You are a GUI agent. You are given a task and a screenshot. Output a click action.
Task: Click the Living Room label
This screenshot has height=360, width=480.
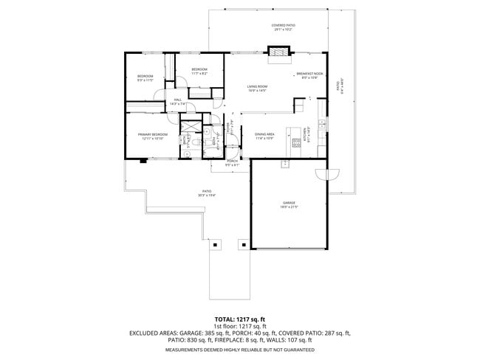(257, 86)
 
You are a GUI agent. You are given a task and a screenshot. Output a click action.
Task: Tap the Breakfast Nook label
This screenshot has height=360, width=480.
(309, 75)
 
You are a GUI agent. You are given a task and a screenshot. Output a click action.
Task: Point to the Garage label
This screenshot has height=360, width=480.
(288, 202)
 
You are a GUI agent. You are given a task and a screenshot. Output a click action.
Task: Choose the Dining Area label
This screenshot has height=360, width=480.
(264, 134)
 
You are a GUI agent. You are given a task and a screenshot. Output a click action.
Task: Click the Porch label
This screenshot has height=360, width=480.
(232, 161)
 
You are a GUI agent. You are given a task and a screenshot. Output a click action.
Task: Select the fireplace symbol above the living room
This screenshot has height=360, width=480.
(279, 52)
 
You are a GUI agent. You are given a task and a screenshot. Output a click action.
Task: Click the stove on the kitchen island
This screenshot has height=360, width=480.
(297, 143)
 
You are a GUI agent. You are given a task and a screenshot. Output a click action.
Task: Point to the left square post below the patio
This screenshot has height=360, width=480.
(215, 244)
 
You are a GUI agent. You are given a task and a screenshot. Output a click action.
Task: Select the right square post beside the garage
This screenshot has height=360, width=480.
(244, 244)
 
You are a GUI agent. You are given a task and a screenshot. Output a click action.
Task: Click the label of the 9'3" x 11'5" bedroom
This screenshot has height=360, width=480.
(145, 77)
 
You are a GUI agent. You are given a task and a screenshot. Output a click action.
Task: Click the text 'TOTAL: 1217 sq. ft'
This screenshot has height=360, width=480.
(239, 319)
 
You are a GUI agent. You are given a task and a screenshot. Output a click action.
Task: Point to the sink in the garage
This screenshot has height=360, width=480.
(284, 165)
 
